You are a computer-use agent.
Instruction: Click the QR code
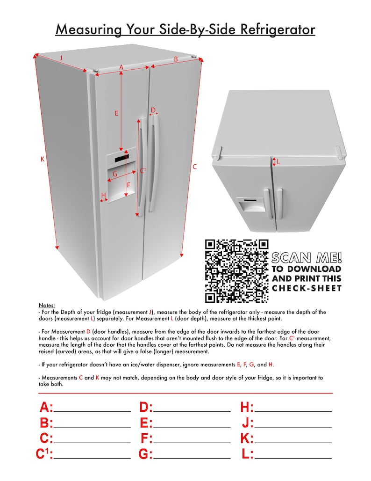coord(237,270)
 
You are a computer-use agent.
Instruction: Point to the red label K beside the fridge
coord(42,160)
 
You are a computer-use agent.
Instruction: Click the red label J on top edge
coord(61,58)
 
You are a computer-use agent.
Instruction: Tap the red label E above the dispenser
coord(116,113)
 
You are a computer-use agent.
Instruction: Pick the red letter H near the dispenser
coord(103,195)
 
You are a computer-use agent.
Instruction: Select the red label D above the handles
coord(153,110)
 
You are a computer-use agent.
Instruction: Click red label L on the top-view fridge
coord(278,162)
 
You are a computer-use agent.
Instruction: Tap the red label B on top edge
coord(176,59)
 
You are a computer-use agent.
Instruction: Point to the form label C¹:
coord(44,454)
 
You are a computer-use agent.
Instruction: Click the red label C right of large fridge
coord(194,167)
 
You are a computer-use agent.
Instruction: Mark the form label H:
coord(247,408)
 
